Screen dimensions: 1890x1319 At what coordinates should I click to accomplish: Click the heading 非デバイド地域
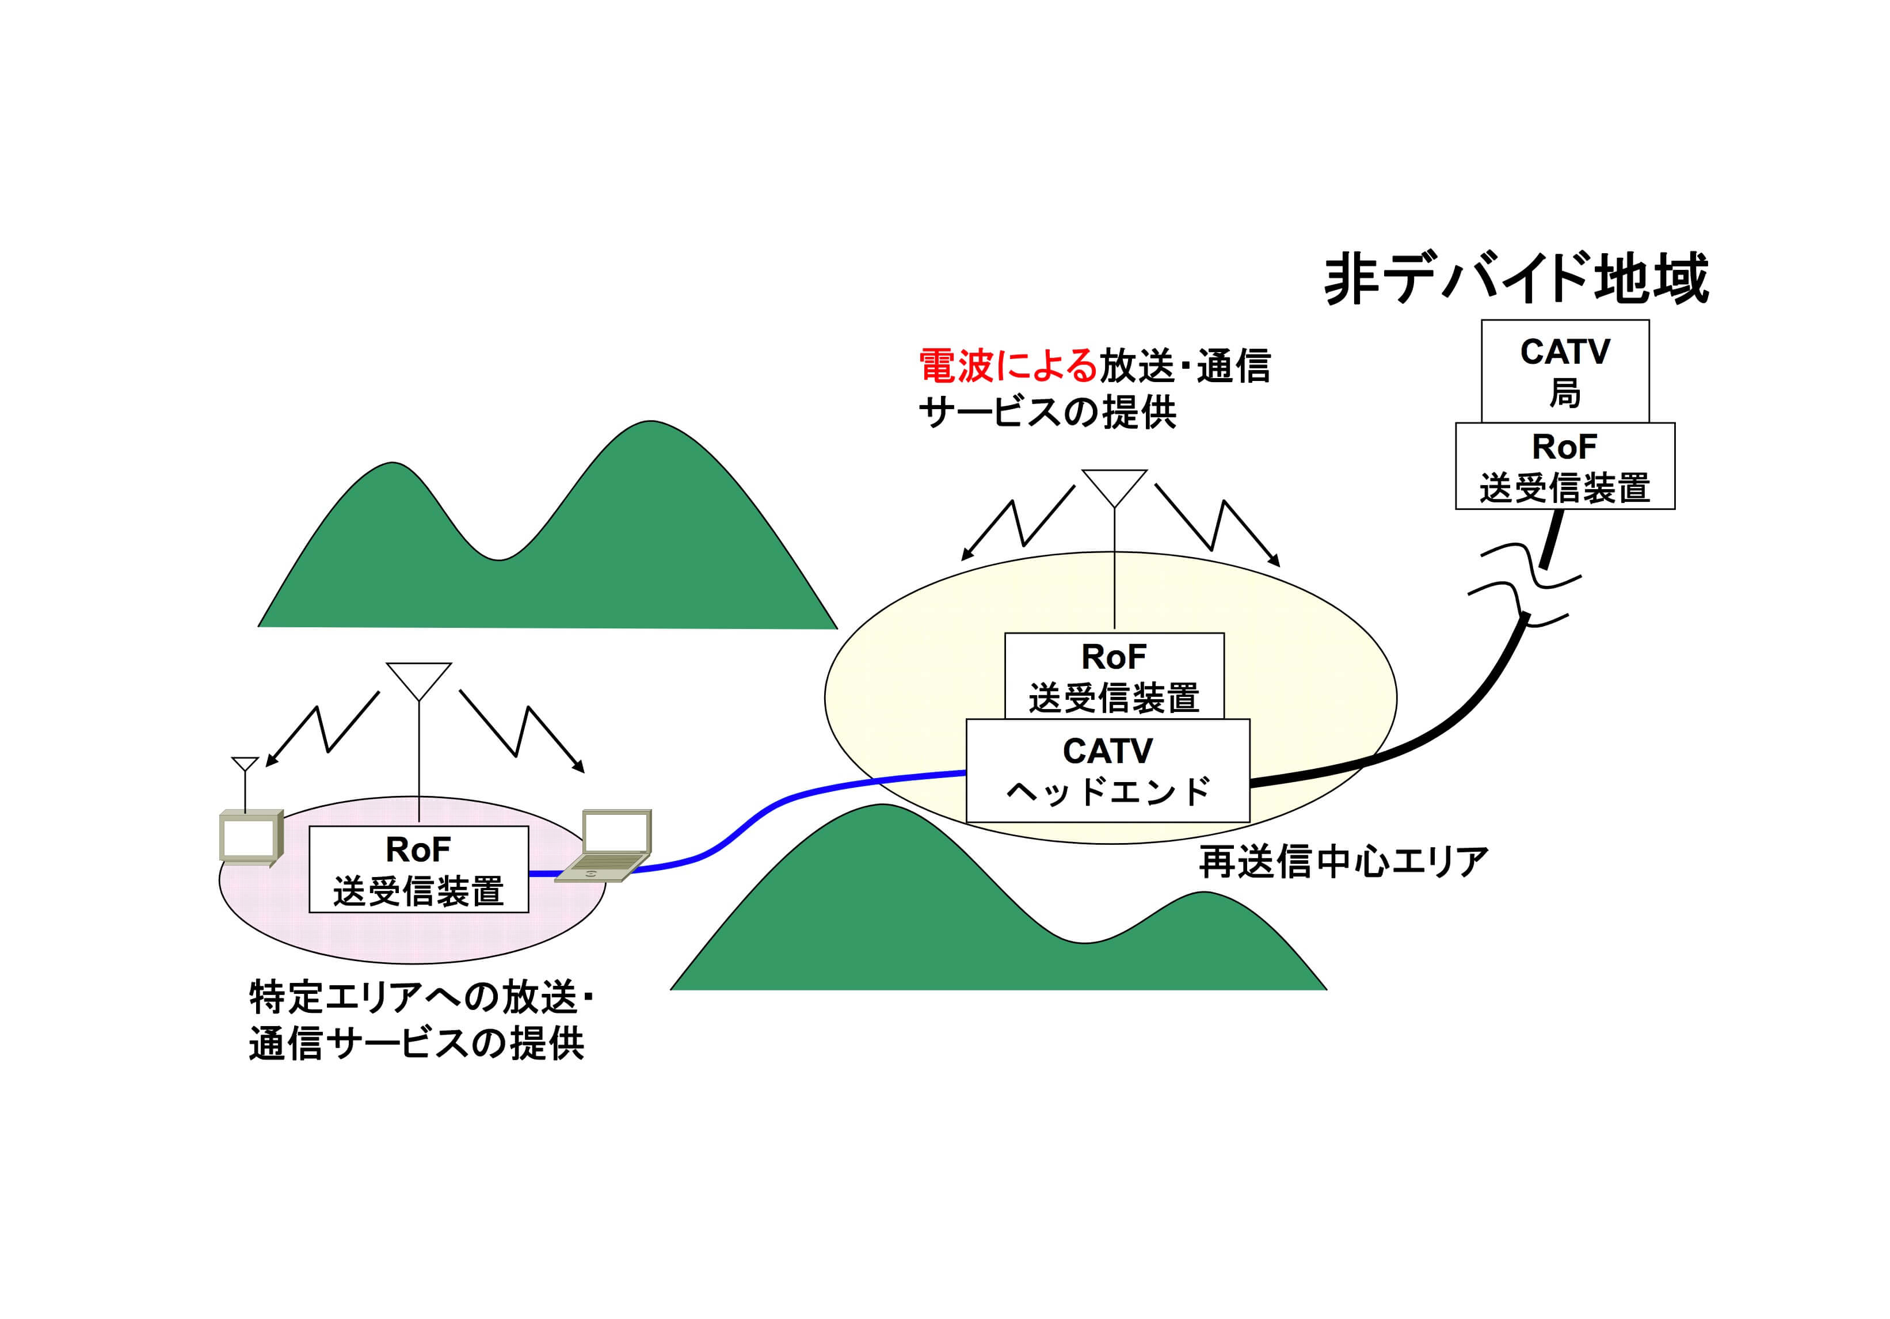tap(1516, 279)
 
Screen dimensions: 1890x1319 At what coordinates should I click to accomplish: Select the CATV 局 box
tap(1565, 371)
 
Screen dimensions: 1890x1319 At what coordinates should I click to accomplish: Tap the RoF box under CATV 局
tap(1565, 466)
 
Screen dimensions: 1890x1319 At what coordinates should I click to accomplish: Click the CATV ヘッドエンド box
tap(1108, 771)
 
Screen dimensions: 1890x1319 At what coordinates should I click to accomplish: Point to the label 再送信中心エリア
tap(1343, 862)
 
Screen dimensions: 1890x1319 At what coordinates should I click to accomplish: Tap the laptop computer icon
tap(603, 845)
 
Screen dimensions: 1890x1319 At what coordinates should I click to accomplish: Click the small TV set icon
tap(251, 837)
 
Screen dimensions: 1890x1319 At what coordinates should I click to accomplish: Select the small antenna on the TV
tap(245, 782)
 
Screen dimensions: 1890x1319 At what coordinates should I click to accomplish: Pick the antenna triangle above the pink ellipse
tap(419, 681)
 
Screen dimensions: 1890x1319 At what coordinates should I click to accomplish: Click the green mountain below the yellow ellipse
tap(998, 906)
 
